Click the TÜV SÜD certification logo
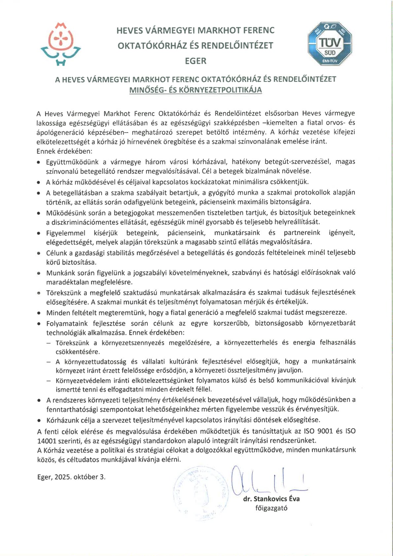(330, 44)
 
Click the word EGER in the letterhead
(196, 61)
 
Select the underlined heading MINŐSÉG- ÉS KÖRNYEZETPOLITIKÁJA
(196, 90)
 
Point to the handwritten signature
(264, 481)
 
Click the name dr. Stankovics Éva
(271, 499)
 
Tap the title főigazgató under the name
(271, 508)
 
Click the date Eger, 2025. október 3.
(71, 477)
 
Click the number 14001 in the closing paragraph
(46, 440)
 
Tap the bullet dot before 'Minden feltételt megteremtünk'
(39, 313)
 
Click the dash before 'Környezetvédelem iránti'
(49, 380)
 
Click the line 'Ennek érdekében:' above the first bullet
(65, 151)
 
